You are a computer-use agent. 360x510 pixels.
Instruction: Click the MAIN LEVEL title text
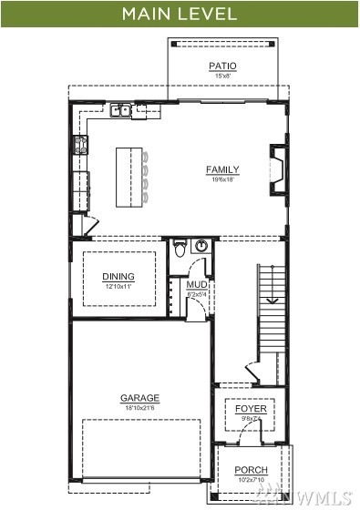click(180, 14)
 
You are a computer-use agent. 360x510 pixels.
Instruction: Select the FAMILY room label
click(222, 169)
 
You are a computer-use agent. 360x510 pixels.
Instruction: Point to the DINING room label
click(118, 277)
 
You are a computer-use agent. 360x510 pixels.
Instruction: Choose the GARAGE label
click(139, 398)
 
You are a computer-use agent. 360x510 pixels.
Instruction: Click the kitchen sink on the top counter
click(121, 111)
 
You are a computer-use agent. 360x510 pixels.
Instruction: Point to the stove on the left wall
click(80, 144)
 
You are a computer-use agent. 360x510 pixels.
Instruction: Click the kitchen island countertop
click(129, 172)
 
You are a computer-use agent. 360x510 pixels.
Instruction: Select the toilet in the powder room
click(180, 248)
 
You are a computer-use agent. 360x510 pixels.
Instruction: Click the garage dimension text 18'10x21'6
click(139, 409)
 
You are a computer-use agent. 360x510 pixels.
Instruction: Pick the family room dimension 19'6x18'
click(222, 179)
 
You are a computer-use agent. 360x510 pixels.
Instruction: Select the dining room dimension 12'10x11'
click(118, 287)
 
